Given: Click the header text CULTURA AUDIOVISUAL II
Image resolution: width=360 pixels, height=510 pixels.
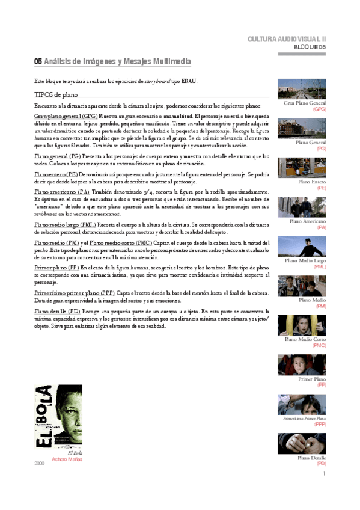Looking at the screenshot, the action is [x=295, y=39].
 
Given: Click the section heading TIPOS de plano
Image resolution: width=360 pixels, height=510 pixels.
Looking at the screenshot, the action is [x=55, y=94].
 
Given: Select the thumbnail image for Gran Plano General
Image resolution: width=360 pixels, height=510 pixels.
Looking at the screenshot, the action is [x=302, y=89].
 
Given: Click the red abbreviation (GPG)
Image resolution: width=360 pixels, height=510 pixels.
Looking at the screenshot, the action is [x=319, y=109].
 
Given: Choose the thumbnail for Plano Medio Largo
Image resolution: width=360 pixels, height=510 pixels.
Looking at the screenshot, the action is [x=302, y=246].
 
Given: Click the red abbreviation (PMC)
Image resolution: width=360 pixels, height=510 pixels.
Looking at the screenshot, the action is [x=319, y=345].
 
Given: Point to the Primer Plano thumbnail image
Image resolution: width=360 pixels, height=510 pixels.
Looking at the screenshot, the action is [x=302, y=364].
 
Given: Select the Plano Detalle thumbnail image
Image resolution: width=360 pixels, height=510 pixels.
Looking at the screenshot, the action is [x=302, y=443].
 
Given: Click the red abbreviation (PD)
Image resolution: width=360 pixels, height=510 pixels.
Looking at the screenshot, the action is [x=321, y=464].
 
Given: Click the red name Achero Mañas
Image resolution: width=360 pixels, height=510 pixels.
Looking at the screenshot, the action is [x=67, y=458].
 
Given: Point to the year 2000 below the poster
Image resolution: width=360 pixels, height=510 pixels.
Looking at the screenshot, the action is [x=40, y=464].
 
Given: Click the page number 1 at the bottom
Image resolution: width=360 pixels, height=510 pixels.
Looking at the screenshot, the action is [x=324, y=474].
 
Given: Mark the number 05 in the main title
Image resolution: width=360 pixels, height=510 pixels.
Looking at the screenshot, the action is [x=38, y=61].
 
